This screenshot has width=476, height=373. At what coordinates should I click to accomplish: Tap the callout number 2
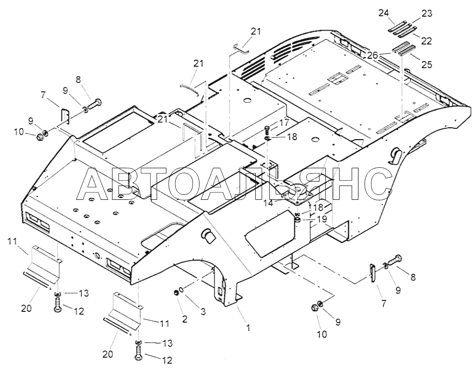pos(185,319)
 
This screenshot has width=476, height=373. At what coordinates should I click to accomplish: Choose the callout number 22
pos(426,40)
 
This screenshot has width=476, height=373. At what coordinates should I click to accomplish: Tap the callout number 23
pos(426,14)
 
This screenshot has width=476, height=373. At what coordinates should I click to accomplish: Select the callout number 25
pos(426,65)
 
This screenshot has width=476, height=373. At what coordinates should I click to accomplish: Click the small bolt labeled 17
pos(267,130)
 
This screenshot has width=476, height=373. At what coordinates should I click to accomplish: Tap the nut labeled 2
pos(176,294)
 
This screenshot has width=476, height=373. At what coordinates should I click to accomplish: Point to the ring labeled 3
pos(183,290)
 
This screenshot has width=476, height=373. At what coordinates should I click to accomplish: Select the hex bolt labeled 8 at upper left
pos(95,103)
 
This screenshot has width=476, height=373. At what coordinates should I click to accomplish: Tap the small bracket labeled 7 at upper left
pos(64,115)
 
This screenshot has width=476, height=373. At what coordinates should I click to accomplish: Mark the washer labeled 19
pos(298,219)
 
